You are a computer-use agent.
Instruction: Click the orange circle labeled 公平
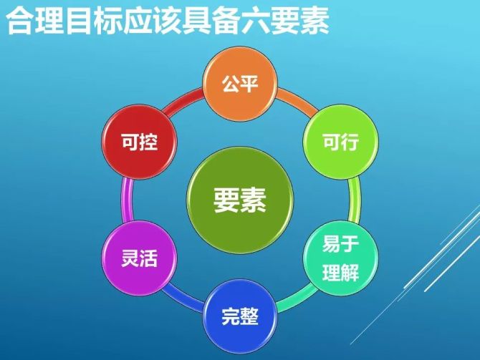click(x=240, y=84)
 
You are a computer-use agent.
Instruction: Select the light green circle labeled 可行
click(x=341, y=142)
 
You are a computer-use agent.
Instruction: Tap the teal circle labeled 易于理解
click(x=341, y=258)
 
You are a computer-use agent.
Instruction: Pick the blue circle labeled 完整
click(x=240, y=316)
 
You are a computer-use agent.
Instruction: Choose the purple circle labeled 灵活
click(x=140, y=258)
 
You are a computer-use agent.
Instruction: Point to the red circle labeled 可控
click(x=140, y=142)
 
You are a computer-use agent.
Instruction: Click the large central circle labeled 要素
click(x=240, y=200)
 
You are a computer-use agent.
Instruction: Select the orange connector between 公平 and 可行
click(x=297, y=102)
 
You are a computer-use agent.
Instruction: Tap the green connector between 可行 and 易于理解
click(x=355, y=200)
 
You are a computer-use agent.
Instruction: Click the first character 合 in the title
click(x=19, y=21)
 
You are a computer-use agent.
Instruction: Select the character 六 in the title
click(x=255, y=21)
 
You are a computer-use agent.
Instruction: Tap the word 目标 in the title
click(x=92, y=21)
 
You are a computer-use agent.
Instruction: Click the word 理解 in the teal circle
click(x=340, y=272)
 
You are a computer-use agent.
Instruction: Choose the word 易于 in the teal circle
click(x=340, y=244)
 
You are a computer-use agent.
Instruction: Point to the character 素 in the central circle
click(x=254, y=200)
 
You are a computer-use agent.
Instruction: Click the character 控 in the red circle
click(x=149, y=142)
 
